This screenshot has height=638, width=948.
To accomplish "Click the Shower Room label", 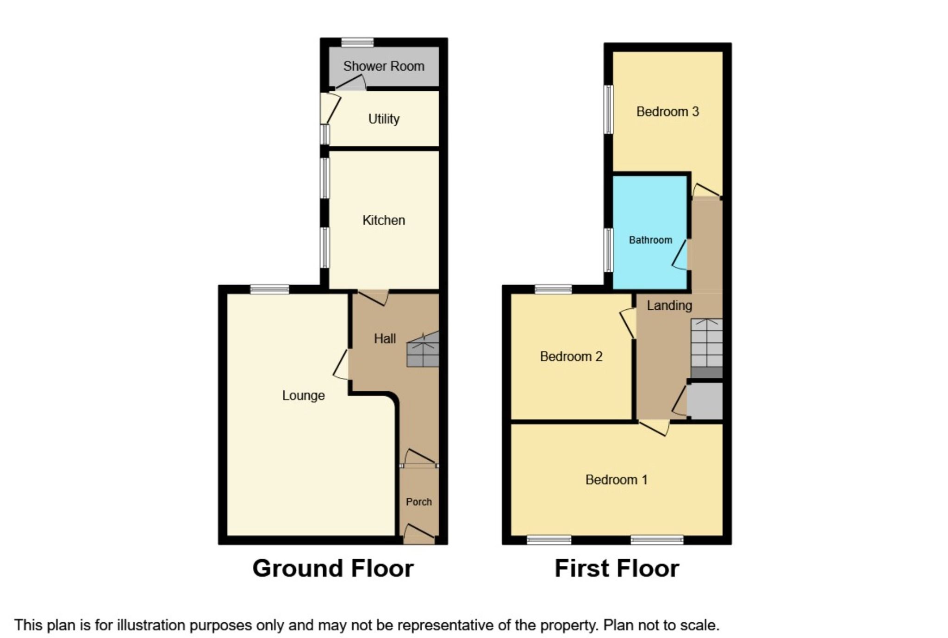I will (383, 66).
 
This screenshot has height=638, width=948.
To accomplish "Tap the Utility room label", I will (383, 119).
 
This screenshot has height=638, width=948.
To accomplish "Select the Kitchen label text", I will (383, 220).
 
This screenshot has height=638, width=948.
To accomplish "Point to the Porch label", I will (418, 502).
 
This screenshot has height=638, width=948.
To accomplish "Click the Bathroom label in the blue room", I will (650, 240).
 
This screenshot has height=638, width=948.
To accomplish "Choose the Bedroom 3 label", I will (667, 112).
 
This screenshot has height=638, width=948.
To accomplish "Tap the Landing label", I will (669, 306).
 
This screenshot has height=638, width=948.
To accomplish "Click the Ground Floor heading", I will (332, 568).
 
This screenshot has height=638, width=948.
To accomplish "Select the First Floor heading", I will (616, 568).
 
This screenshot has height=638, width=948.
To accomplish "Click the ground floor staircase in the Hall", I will (422, 350).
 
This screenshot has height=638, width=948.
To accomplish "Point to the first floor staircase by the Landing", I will (706, 345).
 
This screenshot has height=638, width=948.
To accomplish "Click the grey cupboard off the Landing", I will (705, 401).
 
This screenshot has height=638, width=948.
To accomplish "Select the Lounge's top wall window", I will (269, 290).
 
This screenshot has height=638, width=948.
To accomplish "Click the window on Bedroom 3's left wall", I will (609, 109).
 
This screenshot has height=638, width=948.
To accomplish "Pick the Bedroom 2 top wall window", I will (553, 290).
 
